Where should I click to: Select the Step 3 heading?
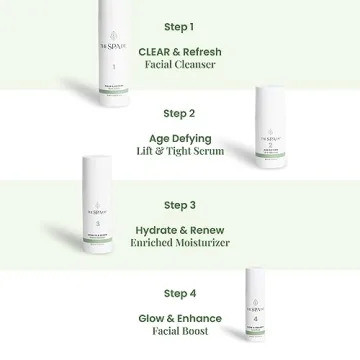pos(179,205)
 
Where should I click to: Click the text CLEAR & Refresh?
pos(179,49)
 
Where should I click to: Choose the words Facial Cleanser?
pos(179,64)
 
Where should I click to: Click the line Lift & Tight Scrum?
pos(179,152)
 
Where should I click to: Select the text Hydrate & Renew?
pos(179,229)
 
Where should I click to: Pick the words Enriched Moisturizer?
pos(179,243)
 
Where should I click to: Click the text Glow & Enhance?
pos(179,317)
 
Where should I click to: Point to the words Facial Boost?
pos(179,332)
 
